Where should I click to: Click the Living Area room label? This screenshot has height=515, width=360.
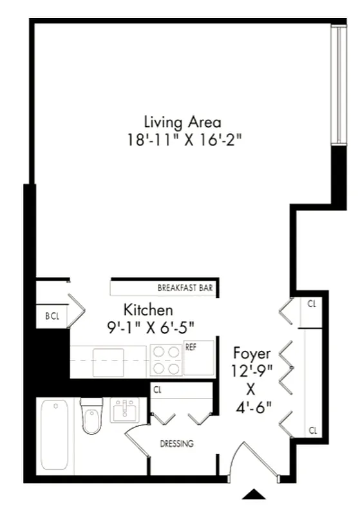(x=182, y=121)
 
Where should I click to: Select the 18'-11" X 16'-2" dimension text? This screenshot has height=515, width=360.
(x=182, y=138)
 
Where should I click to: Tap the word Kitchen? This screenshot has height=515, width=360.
(x=148, y=310)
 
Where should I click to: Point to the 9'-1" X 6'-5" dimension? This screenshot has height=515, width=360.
(x=150, y=326)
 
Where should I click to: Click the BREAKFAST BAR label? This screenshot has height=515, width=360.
(x=185, y=288)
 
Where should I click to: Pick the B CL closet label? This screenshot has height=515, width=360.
(x=52, y=316)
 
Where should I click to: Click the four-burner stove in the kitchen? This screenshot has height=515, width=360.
(x=166, y=360)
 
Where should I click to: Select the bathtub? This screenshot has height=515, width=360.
(x=54, y=435)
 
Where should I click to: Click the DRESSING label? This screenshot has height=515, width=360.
(x=176, y=444)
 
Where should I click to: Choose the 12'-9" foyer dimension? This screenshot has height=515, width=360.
(x=252, y=371)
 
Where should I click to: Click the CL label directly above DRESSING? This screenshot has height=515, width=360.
(x=157, y=389)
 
